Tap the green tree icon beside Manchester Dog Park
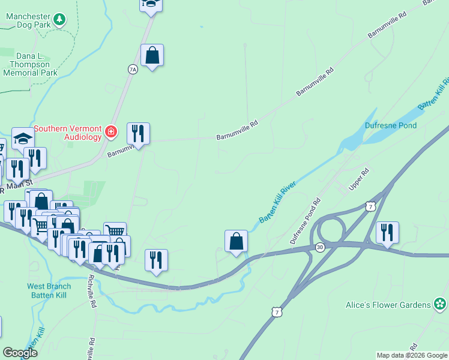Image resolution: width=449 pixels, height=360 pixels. tap(59, 20)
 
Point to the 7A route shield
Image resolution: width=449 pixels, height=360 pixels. tap(133, 70)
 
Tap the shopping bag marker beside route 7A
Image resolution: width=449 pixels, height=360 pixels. tap(152, 56)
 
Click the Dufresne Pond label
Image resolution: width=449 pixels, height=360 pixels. tap(391, 125)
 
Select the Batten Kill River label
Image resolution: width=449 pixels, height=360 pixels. tap(278, 202)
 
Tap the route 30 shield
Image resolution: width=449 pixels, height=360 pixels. tap(321, 247)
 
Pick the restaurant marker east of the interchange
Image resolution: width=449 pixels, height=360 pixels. tap(387, 232)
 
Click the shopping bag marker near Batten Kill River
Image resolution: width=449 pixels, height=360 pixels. tap(237, 241)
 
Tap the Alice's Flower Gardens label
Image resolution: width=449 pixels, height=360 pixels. tap(388, 305)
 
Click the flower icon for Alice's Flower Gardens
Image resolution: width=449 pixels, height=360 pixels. tap(441, 304)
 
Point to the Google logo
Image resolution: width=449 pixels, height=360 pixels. tap(20, 353)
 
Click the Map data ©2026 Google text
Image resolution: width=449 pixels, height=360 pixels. tap(411, 355)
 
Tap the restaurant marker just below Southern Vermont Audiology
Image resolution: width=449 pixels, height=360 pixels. tap(138, 133)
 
